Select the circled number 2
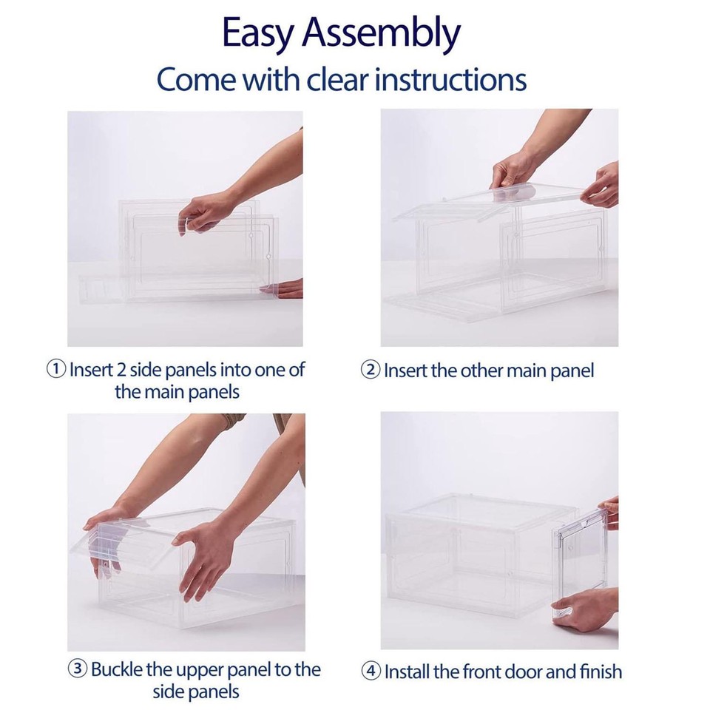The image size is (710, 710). (x=371, y=371)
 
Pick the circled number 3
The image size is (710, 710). (x=78, y=670)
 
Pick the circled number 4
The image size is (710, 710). (x=371, y=672)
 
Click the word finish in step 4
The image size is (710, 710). (x=598, y=672)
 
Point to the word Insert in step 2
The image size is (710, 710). (x=405, y=371)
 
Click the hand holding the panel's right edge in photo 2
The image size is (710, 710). (x=601, y=186)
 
